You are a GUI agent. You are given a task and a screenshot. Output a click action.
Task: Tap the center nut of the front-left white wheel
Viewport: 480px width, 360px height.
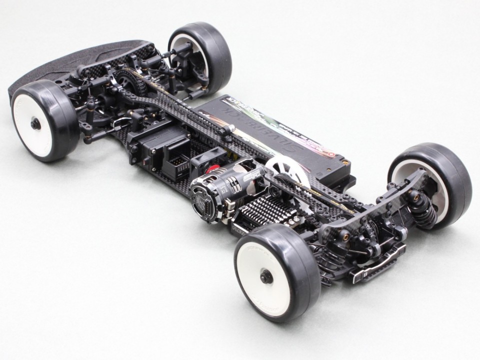coord(35,123)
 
